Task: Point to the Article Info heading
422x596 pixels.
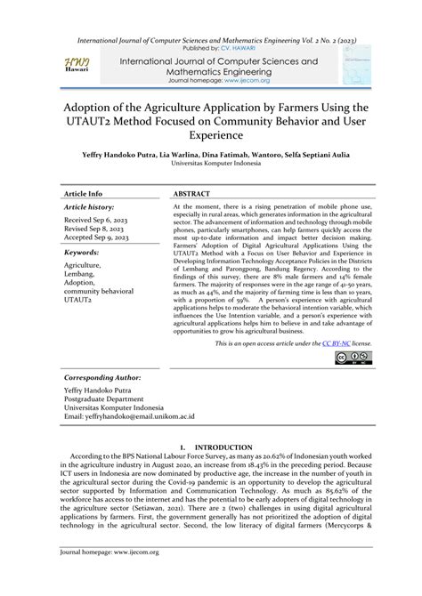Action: (83, 192)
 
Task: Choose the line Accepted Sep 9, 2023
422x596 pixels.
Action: (99, 238)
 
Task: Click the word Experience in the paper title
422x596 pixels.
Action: (210, 135)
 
